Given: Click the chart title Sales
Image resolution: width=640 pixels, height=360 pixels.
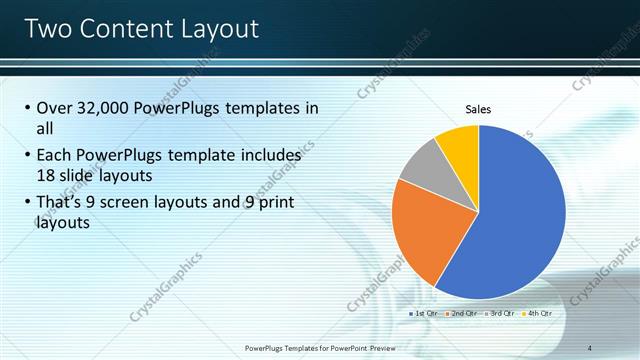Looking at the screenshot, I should click(478, 109).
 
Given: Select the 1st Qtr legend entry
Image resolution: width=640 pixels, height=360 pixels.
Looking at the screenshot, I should click(424, 313).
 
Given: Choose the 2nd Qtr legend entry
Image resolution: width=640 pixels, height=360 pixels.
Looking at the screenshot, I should click(460, 313).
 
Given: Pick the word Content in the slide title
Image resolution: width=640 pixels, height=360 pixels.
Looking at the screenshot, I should click(125, 28).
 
